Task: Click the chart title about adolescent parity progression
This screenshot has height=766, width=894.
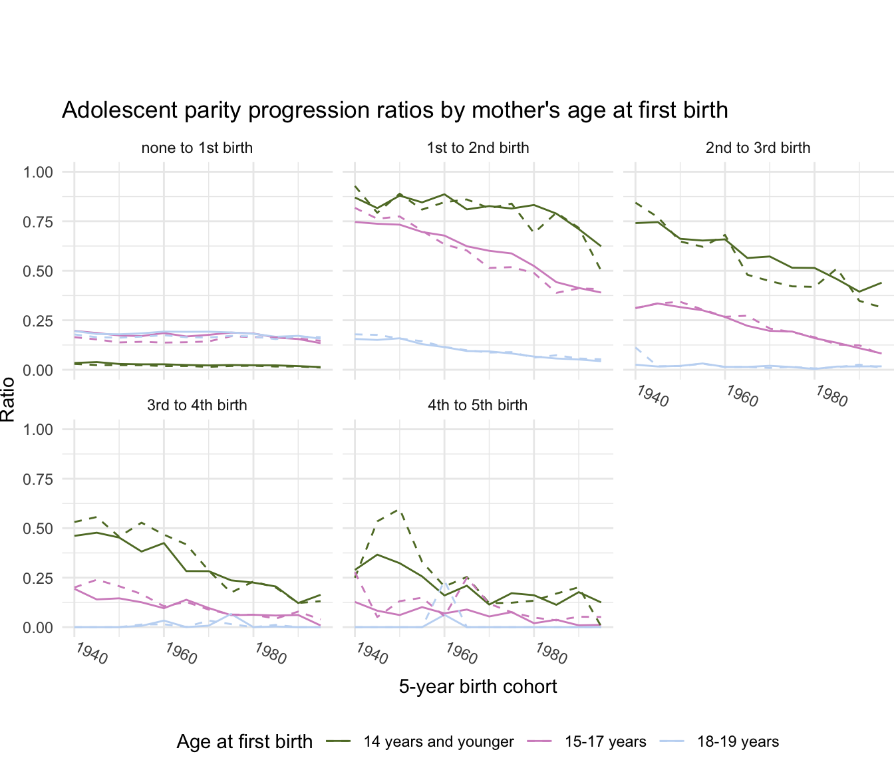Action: pyautogui.click(x=394, y=110)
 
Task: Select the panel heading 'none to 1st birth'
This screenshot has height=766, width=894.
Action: pyautogui.click(x=197, y=148)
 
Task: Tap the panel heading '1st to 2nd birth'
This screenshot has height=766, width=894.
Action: pyautogui.click(x=478, y=148)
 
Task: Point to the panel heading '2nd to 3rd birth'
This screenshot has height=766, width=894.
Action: pyautogui.click(x=758, y=148)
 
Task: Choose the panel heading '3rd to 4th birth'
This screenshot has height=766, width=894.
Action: pyautogui.click(x=197, y=405)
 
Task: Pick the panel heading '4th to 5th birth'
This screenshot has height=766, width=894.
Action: pyautogui.click(x=478, y=405)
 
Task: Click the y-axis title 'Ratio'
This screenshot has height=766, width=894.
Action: pyautogui.click(x=9, y=399)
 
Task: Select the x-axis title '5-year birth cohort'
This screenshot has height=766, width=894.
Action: pyautogui.click(x=478, y=686)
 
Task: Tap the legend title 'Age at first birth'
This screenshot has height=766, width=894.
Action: pyautogui.click(x=244, y=742)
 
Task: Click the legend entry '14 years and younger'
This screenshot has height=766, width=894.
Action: pyautogui.click(x=438, y=742)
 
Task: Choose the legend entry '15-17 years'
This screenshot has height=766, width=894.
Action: pyautogui.click(x=605, y=742)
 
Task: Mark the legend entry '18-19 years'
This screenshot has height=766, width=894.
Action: pyautogui.click(x=738, y=742)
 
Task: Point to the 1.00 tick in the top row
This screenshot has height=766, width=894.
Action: pyautogui.click(x=37, y=172)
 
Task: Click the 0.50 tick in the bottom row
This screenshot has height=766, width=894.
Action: pyautogui.click(x=37, y=529)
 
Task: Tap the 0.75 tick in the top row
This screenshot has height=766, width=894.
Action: pyautogui.click(x=37, y=221)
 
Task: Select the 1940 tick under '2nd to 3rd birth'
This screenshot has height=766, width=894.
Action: pyautogui.click(x=651, y=396)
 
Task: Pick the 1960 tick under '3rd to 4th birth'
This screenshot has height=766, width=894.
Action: pyautogui.click(x=180, y=654)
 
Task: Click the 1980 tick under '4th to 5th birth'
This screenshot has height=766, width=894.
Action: pyautogui.click(x=550, y=654)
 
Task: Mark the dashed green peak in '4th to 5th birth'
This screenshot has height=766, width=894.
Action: pyautogui.click(x=400, y=510)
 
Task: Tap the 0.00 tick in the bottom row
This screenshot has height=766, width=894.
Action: pyautogui.click(x=37, y=628)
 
